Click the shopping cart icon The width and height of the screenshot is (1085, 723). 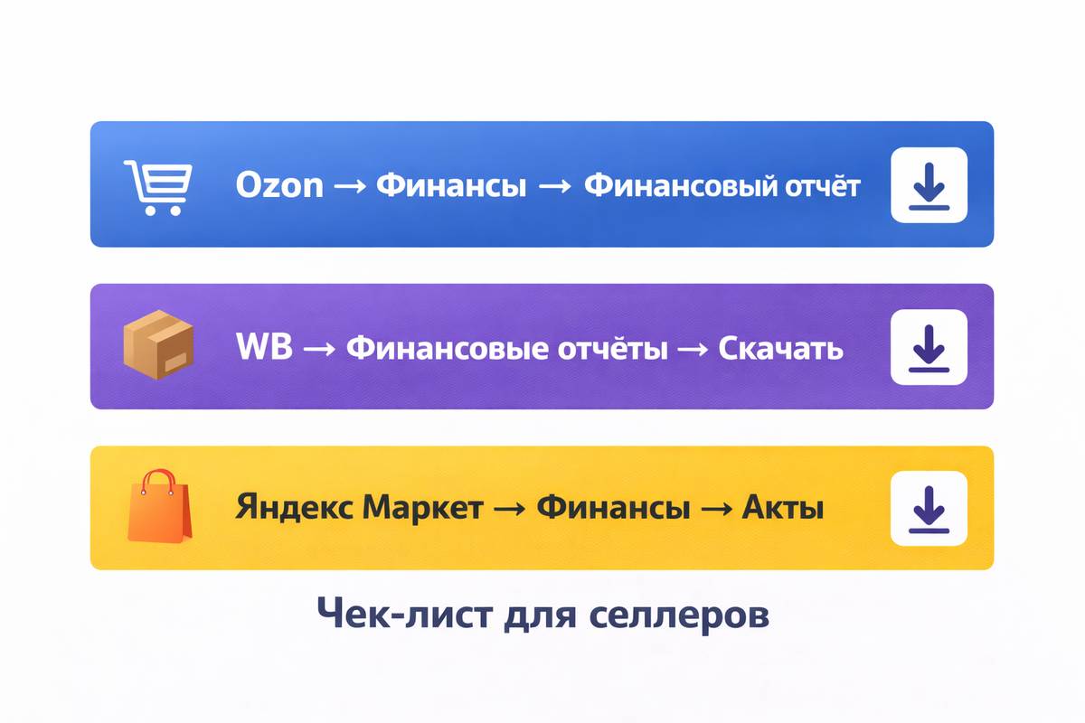click(x=155, y=187)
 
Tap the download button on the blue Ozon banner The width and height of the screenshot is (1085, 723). click(x=929, y=184)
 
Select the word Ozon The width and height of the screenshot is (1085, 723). click(x=278, y=185)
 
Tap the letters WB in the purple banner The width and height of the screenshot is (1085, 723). click(x=263, y=348)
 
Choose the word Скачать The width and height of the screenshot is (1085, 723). click(x=780, y=348)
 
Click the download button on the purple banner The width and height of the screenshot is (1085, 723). click(x=929, y=347)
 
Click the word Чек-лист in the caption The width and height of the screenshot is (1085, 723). click(x=407, y=615)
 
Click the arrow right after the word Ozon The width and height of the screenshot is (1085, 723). click(x=349, y=186)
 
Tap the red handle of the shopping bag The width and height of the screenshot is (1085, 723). click(x=159, y=477)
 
